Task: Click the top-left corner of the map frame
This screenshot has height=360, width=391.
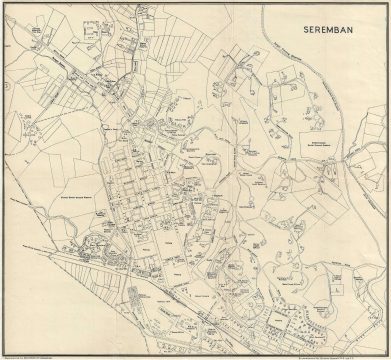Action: [4, 3]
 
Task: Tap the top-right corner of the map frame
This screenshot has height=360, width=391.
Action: [387, 3]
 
